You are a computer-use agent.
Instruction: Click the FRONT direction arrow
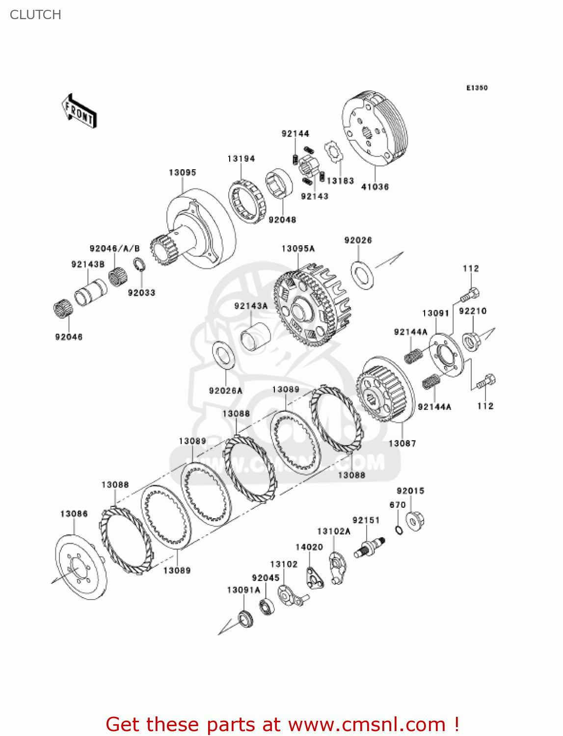[79, 111]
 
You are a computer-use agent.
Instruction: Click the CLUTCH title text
[35, 15]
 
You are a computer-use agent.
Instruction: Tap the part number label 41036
[375, 187]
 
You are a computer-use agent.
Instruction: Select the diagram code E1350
[477, 88]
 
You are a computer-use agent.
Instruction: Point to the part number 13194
[241, 158]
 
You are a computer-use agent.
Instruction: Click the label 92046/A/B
[114, 249]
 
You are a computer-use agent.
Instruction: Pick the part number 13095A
[298, 249]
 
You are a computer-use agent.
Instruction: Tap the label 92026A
[225, 391]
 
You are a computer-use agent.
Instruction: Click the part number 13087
[402, 444]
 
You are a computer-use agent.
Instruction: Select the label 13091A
[243, 590]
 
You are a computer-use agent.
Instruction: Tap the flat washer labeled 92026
[363, 275]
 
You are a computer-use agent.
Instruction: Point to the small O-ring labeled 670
[399, 529]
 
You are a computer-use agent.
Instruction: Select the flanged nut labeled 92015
[415, 521]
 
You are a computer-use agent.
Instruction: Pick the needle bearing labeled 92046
[63, 309]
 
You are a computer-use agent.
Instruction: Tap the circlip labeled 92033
[139, 265]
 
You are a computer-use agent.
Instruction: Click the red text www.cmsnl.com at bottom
[366, 724]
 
